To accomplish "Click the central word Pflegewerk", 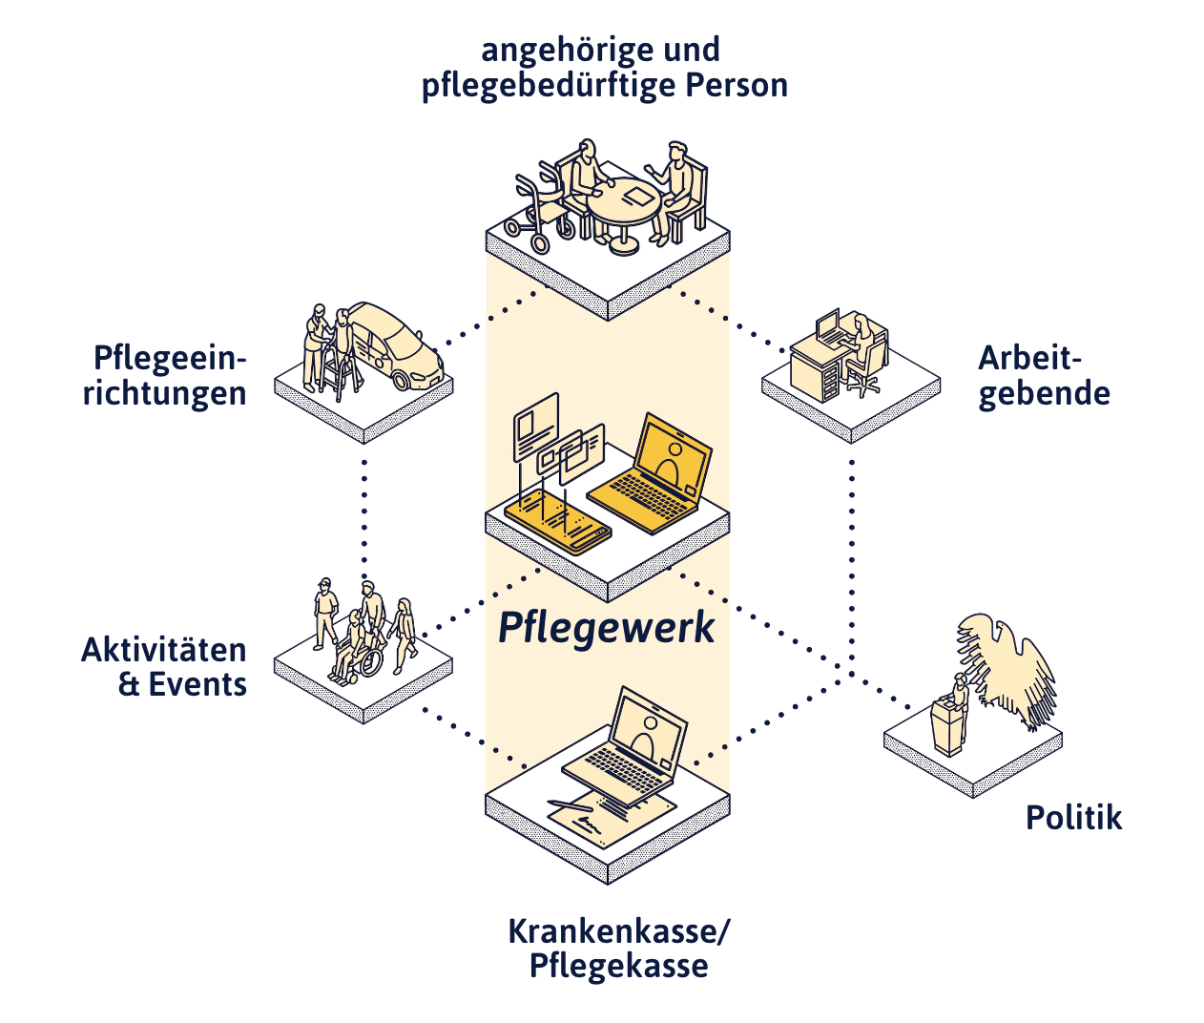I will click(x=607, y=629).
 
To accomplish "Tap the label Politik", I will click(x=1073, y=818).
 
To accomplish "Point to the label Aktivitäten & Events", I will click(x=164, y=667).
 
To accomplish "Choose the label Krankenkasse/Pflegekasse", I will click(x=618, y=948).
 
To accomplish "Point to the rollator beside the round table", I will click(x=540, y=210).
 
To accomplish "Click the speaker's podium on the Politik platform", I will click(x=948, y=727).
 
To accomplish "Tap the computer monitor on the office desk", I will click(x=826, y=325).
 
